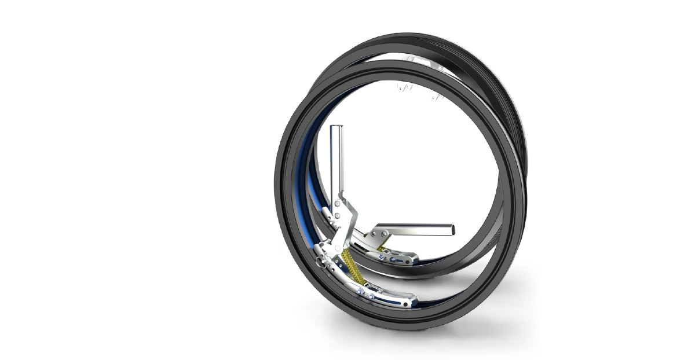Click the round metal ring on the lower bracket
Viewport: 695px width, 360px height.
pos(322,265)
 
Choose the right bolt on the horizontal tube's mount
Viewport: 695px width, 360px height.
pos(383,232)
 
